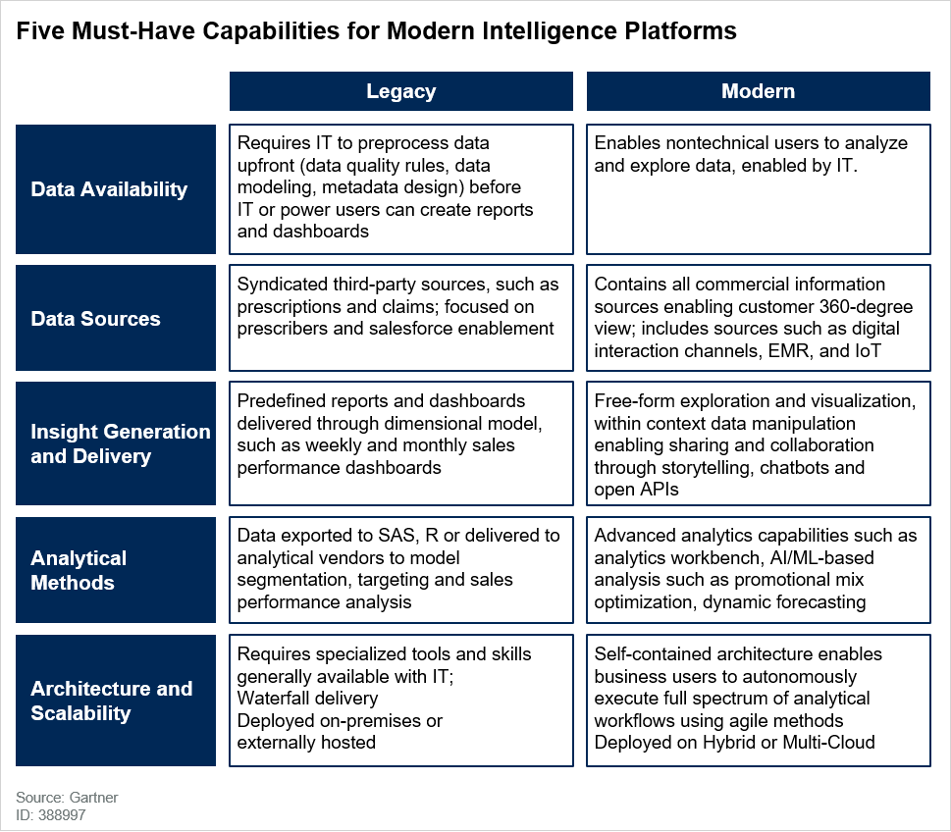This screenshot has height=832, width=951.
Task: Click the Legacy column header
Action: [x=400, y=91]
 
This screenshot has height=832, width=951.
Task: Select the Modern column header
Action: [x=758, y=91]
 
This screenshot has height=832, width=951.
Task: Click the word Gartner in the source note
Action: [x=93, y=798]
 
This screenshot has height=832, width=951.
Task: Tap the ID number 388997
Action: [x=63, y=815]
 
